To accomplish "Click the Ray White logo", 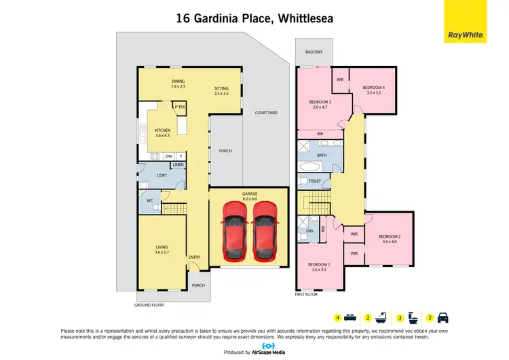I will [x=465, y=22].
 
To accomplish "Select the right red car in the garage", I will [x=265, y=232].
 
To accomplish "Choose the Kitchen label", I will [x=162, y=132].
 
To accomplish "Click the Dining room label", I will [x=178, y=84].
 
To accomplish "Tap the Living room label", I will [x=162, y=249].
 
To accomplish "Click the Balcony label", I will [x=313, y=52].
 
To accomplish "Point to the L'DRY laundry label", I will [x=162, y=176].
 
